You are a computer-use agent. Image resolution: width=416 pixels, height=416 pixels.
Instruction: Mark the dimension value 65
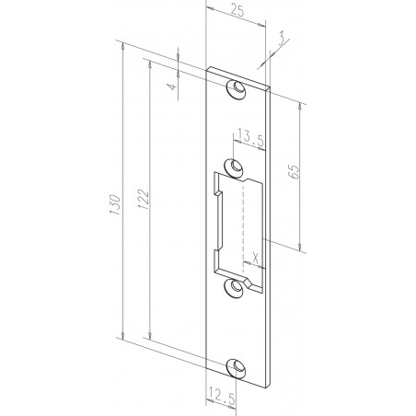(x=307, y=173)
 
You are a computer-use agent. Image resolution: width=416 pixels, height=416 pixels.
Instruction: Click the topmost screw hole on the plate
(x=237, y=89)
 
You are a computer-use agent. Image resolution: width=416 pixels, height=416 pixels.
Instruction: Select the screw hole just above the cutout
(x=237, y=167)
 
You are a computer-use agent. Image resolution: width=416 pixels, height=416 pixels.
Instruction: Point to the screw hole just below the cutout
(x=237, y=287)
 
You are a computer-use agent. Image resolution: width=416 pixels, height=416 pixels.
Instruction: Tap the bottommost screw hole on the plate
(x=237, y=364)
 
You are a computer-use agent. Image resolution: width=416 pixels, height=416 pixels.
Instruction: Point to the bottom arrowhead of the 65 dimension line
(x=301, y=248)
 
